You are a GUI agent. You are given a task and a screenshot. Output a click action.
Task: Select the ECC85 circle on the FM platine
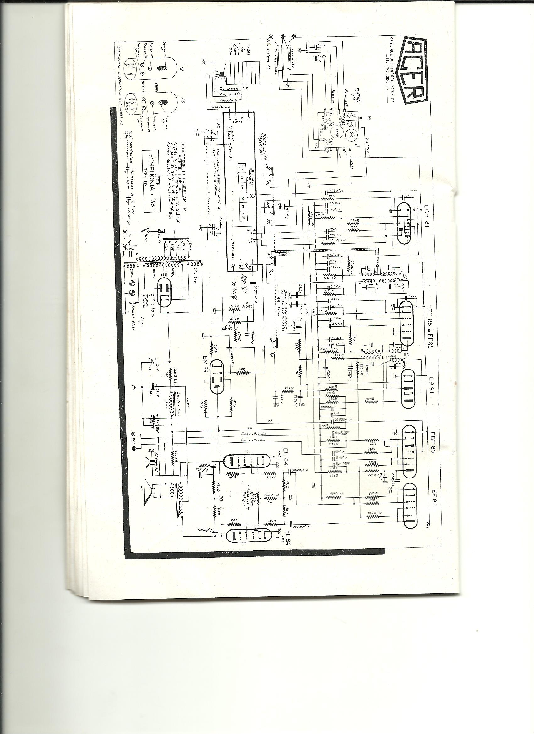[337, 132]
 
